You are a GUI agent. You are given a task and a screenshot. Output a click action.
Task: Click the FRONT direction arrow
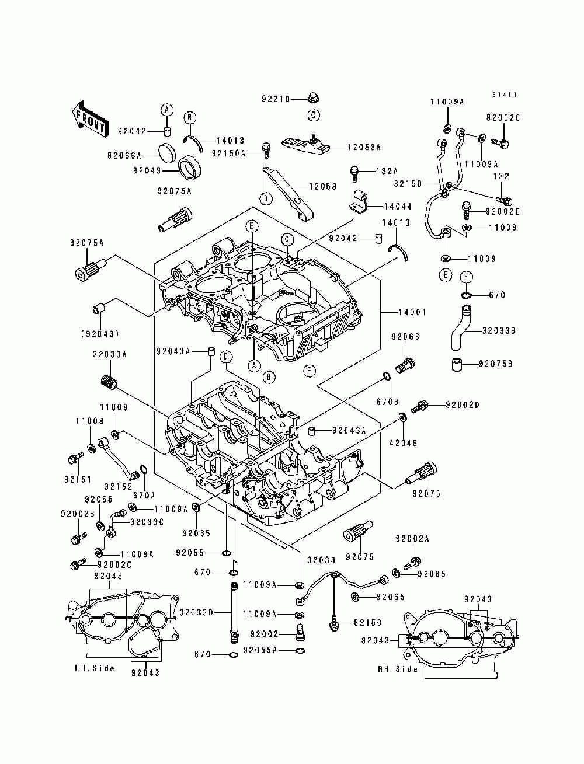click(89, 120)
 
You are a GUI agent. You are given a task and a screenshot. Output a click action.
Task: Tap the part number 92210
click(276, 99)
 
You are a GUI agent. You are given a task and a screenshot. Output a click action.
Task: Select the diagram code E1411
click(504, 95)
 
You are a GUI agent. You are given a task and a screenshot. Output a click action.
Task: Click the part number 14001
click(412, 312)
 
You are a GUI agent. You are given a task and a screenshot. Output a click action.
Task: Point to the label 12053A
click(364, 148)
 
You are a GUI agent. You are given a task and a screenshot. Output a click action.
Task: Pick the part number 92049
click(147, 170)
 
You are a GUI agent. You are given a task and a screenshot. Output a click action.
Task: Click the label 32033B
click(498, 331)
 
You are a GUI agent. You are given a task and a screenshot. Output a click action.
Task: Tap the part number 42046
click(403, 443)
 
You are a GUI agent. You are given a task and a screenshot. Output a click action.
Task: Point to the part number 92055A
click(260, 650)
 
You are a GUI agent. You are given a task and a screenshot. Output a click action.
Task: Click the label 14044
click(398, 207)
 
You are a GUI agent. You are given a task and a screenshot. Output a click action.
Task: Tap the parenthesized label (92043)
click(100, 334)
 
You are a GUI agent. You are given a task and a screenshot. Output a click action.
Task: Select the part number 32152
click(119, 486)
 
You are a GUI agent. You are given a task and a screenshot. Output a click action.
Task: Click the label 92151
click(78, 479)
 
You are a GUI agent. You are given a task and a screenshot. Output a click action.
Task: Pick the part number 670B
click(388, 402)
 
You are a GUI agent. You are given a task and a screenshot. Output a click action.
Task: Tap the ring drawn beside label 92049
click(189, 168)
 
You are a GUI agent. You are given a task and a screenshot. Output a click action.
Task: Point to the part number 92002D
click(462, 405)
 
